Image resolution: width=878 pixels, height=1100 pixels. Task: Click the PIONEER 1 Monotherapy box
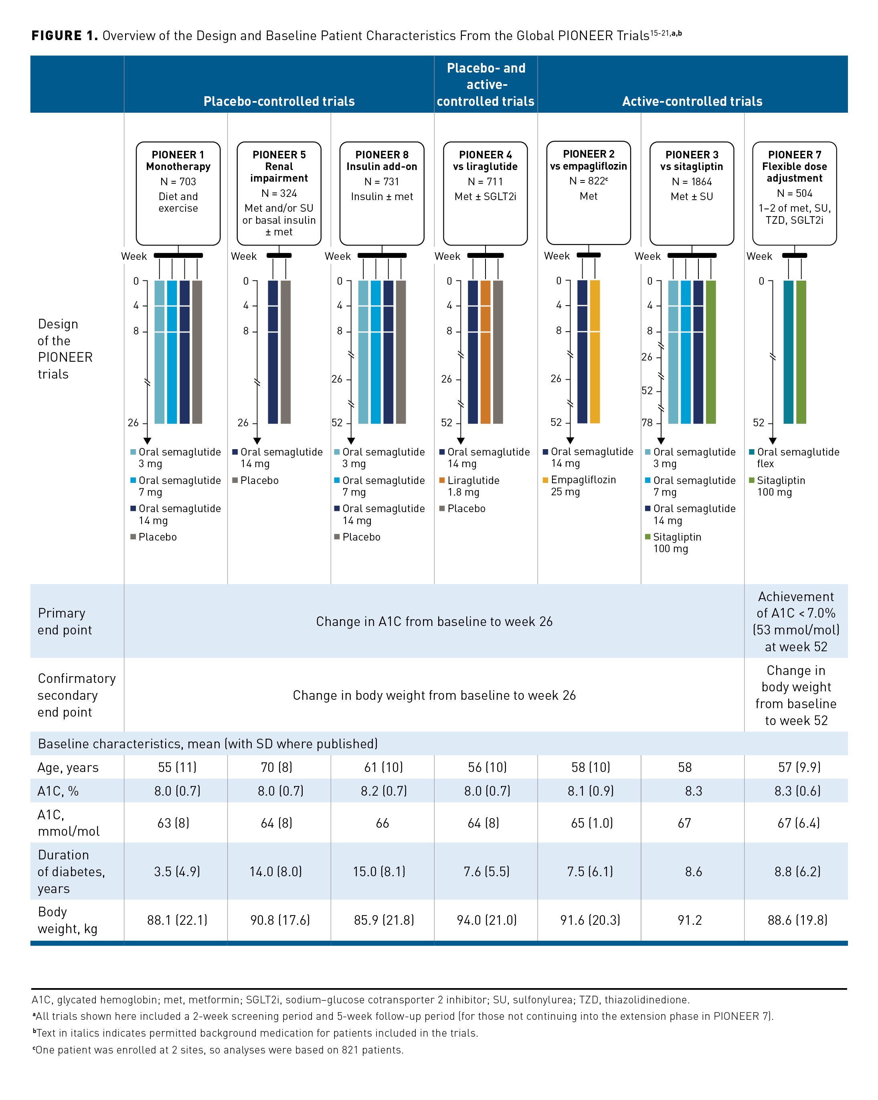(x=178, y=193)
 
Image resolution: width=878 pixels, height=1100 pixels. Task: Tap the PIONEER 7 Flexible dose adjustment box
(x=794, y=193)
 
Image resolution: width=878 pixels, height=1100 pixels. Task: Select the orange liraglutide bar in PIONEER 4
(x=485, y=352)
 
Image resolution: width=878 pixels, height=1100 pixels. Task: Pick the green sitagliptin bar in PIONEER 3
(x=711, y=352)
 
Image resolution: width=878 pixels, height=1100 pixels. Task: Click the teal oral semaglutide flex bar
(x=788, y=352)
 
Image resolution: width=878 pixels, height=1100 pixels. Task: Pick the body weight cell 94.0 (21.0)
(x=487, y=920)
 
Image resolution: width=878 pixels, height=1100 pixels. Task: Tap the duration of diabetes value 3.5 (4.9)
(x=177, y=871)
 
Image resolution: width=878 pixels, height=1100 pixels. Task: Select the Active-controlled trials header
(x=692, y=101)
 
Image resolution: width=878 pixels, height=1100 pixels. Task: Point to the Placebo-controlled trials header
(x=279, y=101)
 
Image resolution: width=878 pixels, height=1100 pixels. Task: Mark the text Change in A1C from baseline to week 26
(x=434, y=622)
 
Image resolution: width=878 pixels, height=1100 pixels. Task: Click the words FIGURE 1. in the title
(x=64, y=36)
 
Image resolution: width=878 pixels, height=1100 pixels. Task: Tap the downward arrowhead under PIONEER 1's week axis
(x=148, y=441)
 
